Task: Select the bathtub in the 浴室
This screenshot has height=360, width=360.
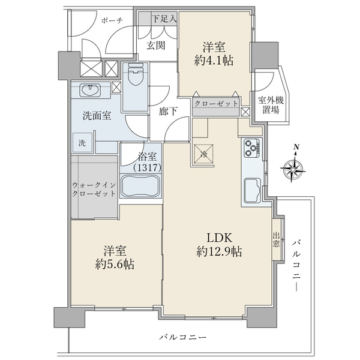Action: pos(141,187)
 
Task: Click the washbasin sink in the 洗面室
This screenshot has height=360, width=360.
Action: pos(92,91)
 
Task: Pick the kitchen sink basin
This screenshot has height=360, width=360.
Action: pos(253,191)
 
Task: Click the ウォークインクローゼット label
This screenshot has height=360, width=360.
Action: pos(93,190)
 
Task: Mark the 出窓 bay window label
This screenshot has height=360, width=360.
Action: pos(276,240)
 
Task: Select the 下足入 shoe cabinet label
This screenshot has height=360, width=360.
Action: pos(163,19)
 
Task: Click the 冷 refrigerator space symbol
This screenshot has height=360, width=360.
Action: pos(204,154)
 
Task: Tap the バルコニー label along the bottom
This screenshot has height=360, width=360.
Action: pos(182,338)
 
